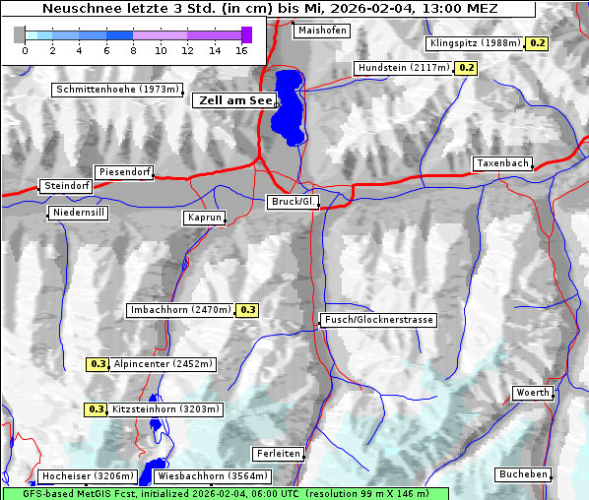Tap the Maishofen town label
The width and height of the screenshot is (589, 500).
pyautogui.click(x=321, y=31)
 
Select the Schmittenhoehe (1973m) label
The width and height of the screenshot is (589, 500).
pyautogui.click(x=116, y=90)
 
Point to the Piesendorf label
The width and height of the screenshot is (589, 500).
pyautogui.click(x=124, y=172)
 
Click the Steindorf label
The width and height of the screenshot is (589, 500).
pyautogui.click(x=67, y=186)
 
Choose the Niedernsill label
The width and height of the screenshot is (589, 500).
pyautogui.click(x=78, y=213)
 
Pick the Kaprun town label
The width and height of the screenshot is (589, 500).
pyautogui.click(x=205, y=218)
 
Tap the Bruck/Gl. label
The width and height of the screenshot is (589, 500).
pyautogui.click(x=294, y=202)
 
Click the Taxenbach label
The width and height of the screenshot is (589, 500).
pyautogui.click(x=502, y=163)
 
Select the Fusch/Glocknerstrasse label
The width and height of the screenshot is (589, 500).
pyautogui.click(x=378, y=320)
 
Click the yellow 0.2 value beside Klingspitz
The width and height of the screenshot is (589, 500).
pyautogui.click(x=538, y=43)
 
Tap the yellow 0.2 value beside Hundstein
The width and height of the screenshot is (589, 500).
pyautogui.click(x=466, y=68)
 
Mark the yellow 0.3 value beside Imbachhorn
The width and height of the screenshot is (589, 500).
pyautogui.click(x=247, y=310)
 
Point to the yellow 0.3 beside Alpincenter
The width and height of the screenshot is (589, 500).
pyautogui.click(x=98, y=364)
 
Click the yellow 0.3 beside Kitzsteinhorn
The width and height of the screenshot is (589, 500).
pyautogui.click(x=96, y=409)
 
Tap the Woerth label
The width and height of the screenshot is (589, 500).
pyautogui.click(x=532, y=393)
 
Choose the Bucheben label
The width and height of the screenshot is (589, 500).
pyautogui.click(x=523, y=474)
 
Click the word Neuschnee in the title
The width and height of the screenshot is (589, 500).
pyautogui.click(x=80, y=9)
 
